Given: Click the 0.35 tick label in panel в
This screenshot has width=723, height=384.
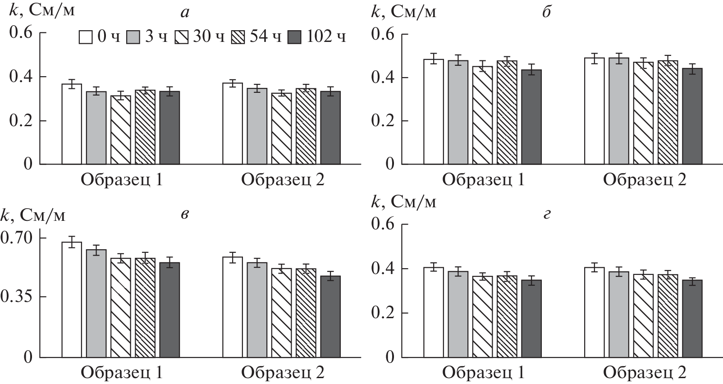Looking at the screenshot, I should (x=17, y=297).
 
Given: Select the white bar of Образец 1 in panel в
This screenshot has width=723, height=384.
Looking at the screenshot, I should (x=72, y=300).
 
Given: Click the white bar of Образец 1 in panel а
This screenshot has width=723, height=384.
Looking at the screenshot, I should (x=72, y=124).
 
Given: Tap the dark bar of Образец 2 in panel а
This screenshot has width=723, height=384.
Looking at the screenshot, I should (x=330, y=128).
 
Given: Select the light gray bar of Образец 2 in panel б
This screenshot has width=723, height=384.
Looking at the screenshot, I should (x=619, y=111).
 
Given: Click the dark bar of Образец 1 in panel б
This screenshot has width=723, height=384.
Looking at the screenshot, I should (x=531, y=117).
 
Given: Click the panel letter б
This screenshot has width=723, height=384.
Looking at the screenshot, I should (x=546, y=12).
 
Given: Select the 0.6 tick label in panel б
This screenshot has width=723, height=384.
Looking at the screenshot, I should (x=382, y=34).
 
